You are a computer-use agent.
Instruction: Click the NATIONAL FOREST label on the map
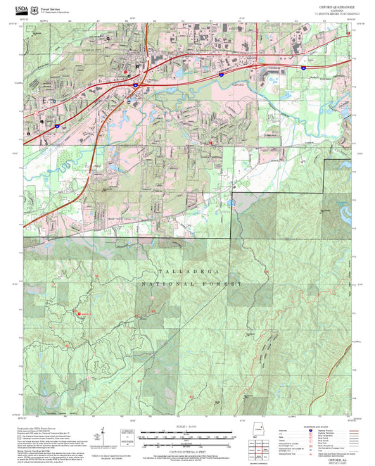pyautogui.click(x=191, y=283)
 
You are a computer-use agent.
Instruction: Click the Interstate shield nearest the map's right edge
pyautogui.click(x=303, y=69)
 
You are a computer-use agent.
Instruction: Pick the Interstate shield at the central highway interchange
pyautogui.click(x=134, y=85)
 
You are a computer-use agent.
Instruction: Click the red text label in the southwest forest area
pyautogui.click(x=86, y=313)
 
